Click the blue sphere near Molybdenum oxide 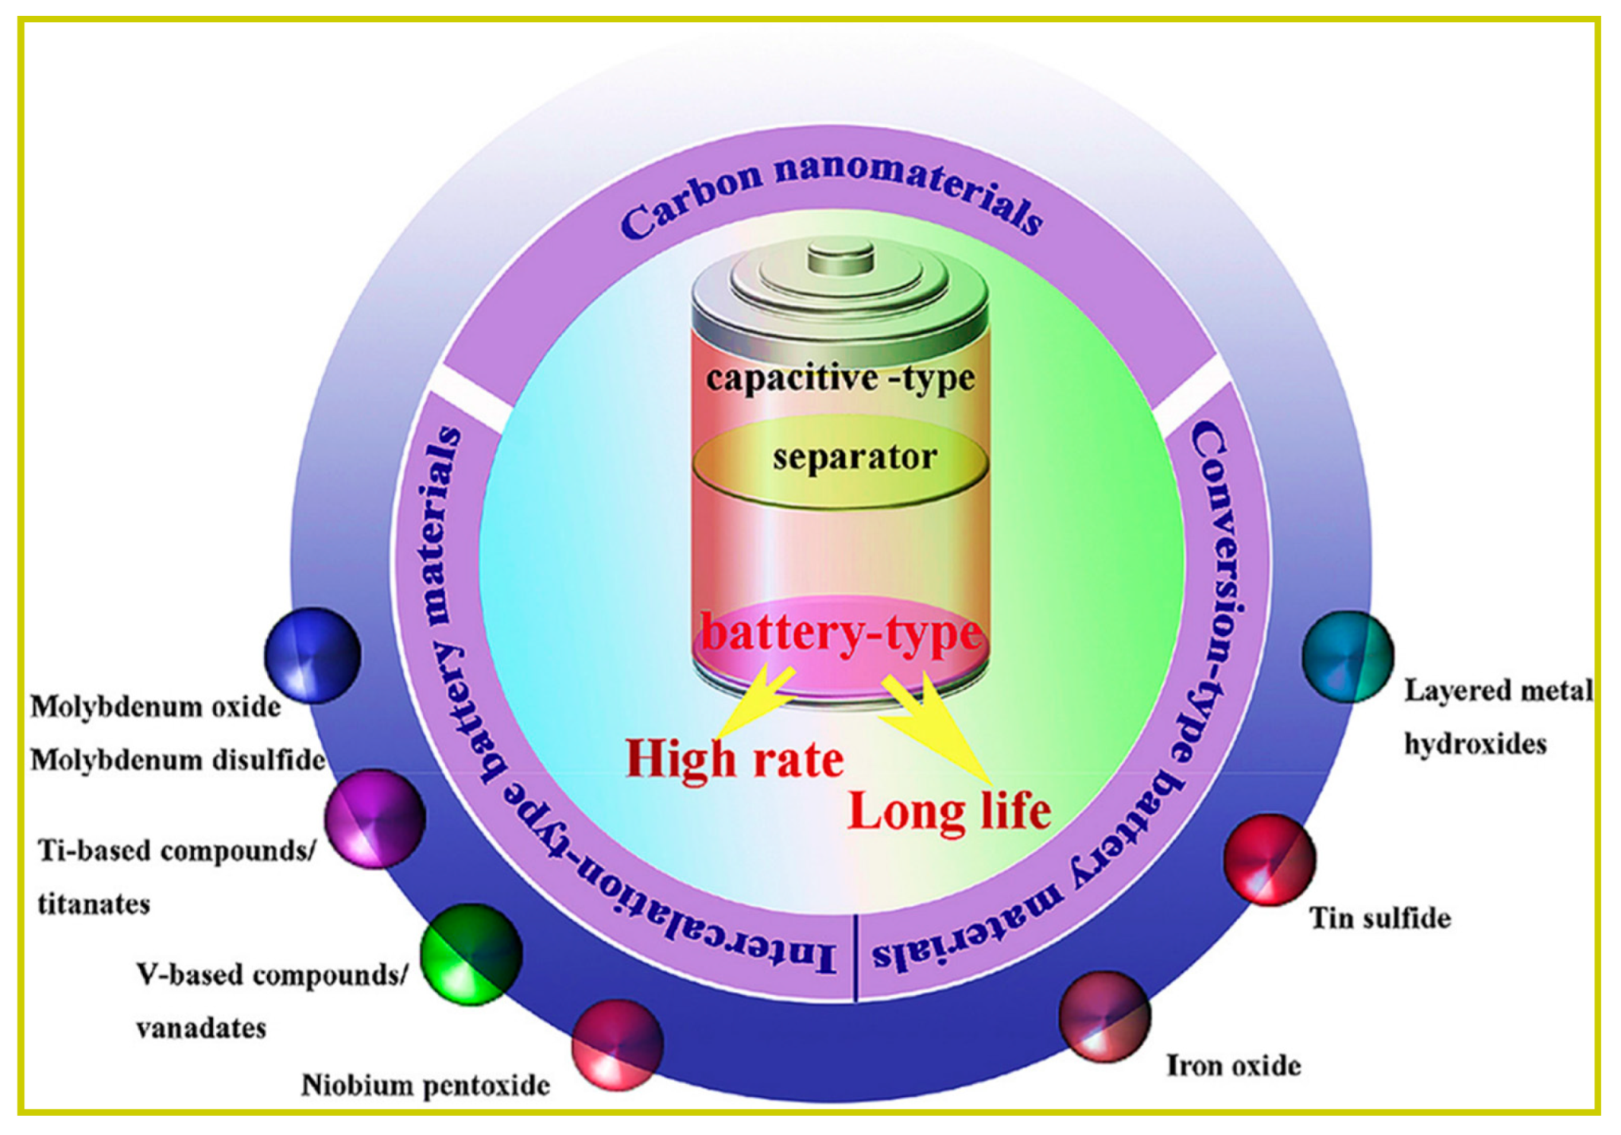312,656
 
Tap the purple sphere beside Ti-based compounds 374,819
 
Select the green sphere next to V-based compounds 471,955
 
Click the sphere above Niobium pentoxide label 618,1044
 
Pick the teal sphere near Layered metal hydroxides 1348,657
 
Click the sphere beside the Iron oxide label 1104,1017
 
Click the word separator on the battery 855,457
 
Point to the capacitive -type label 840,378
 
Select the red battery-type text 841,633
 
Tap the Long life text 949,812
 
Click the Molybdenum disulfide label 177,761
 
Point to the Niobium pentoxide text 425,1085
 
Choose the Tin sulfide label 1380,918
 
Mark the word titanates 94,905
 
